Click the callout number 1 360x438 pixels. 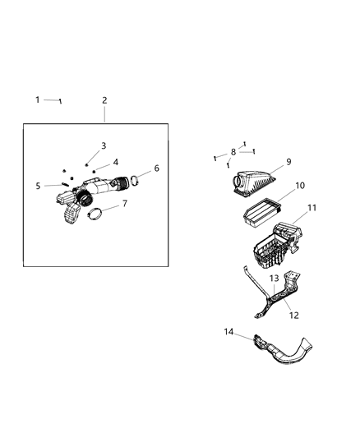(38, 99)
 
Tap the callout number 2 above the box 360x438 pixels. (104, 100)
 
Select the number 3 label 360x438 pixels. (104, 145)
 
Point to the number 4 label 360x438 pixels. (115, 162)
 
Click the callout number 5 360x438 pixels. (38, 186)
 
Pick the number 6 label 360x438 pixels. (156, 168)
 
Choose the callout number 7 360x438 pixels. (124, 203)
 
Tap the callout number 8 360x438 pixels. (233, 152)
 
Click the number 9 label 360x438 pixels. (288, 161)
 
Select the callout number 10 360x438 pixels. (300, 186)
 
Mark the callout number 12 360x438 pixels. (293, 315)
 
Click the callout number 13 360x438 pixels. (274, 279)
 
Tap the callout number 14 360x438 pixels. (229, 331)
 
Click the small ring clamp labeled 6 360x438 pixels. (141, 177)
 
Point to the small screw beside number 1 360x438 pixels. (60, 101)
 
